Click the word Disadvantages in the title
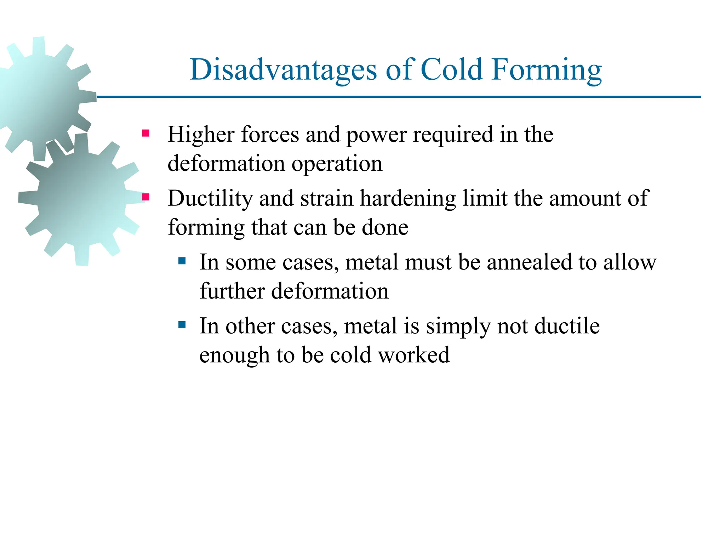[x=283, y=70]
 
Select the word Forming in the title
[x=547, y=70]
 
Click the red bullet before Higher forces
[x=145, y=134]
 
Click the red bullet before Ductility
[x=145, y=197]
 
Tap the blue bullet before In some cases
[x=182, y=261]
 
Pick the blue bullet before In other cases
[x=182, y=325]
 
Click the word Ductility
[x=210, y=198]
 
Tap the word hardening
[x=408, y=198]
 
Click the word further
[x=232, y=291]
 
